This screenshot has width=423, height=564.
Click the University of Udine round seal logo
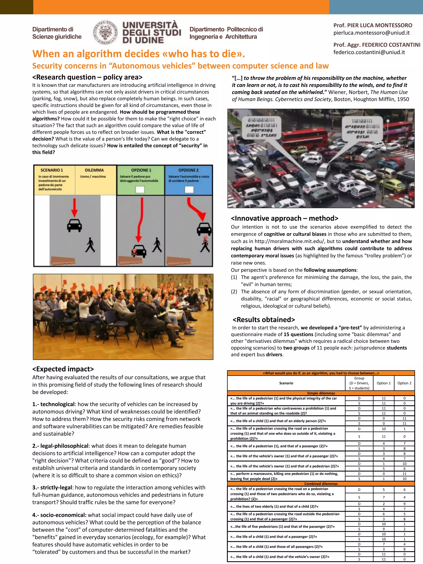coord(105,32)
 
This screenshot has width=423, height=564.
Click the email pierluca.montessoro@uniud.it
coord(372,33)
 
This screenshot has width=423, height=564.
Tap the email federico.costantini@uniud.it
coord(369,52)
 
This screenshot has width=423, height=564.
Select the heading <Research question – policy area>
coord(87,77)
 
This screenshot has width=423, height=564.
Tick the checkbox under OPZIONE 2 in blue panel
coord(189,189)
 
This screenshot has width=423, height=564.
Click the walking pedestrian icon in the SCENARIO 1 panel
coord(90,245)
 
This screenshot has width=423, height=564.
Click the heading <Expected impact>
coord(63,369)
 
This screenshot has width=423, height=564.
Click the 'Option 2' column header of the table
coord(404,383)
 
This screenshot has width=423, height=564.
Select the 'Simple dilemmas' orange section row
coord(321,393)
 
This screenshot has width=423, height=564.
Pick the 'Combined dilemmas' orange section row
coord(321,484)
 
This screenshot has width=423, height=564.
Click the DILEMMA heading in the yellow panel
coord(94,170)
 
